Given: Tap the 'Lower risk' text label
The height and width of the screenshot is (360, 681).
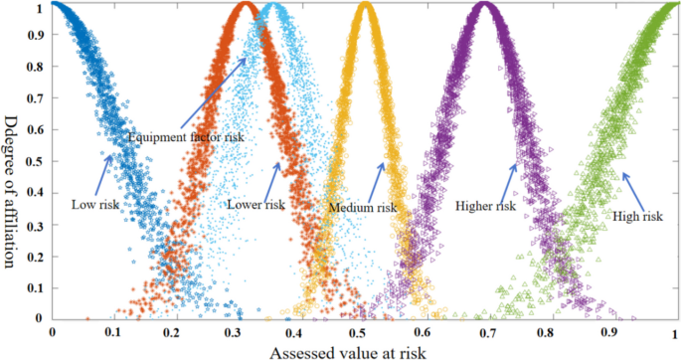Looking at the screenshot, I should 257,204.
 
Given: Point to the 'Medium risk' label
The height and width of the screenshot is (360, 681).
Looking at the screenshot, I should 363,208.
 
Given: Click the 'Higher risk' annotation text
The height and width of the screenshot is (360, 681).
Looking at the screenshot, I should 485,206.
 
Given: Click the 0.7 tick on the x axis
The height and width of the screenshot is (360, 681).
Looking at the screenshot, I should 487,333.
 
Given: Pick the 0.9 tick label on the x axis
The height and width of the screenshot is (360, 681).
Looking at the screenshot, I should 612,333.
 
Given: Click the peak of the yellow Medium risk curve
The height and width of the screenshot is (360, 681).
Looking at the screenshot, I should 365,8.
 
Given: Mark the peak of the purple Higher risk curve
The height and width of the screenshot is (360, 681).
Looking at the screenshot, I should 485,8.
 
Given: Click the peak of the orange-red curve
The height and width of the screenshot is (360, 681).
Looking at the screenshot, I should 245,8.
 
